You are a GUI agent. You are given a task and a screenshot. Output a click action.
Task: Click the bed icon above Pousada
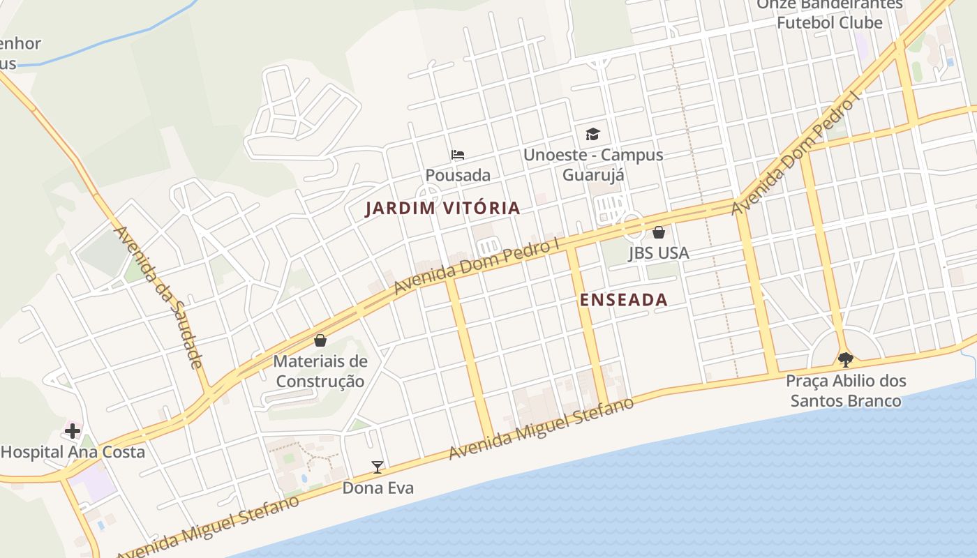[x=458, y=154]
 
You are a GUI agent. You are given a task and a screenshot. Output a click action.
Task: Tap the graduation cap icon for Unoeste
[x=592, y=134]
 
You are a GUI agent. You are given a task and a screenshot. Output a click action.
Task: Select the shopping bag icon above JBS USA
[x=658, y=232]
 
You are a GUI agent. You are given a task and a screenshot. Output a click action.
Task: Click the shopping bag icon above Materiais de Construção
[x=320, y=340]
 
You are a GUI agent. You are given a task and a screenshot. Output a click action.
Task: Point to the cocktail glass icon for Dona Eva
[x=378, y=467]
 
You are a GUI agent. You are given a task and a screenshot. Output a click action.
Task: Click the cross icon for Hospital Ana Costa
[x=73, y=431]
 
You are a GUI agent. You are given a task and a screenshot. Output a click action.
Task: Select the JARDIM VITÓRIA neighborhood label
[x=442, y=208]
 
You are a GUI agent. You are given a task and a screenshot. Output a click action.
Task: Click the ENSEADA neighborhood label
[x=624, y=300]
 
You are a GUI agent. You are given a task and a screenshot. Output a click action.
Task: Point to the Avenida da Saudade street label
[x=158, y=296]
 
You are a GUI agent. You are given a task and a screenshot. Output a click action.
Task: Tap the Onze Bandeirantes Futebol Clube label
[x=830, y=14]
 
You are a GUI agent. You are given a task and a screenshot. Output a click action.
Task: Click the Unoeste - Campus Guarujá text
[x=593, y=165]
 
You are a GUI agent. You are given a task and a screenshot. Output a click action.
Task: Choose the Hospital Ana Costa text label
[x=73, y=452]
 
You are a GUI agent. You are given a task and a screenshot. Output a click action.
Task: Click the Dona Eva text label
[x=378, y=488]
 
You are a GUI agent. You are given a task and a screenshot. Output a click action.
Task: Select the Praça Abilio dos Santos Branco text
[x=846, y=391]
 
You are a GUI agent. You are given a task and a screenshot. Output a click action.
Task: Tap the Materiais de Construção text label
[x=320, y=371]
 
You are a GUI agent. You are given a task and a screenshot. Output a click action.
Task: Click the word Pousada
[x=458, y=175]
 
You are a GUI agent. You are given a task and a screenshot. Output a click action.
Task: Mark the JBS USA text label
[x=658, y=252]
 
